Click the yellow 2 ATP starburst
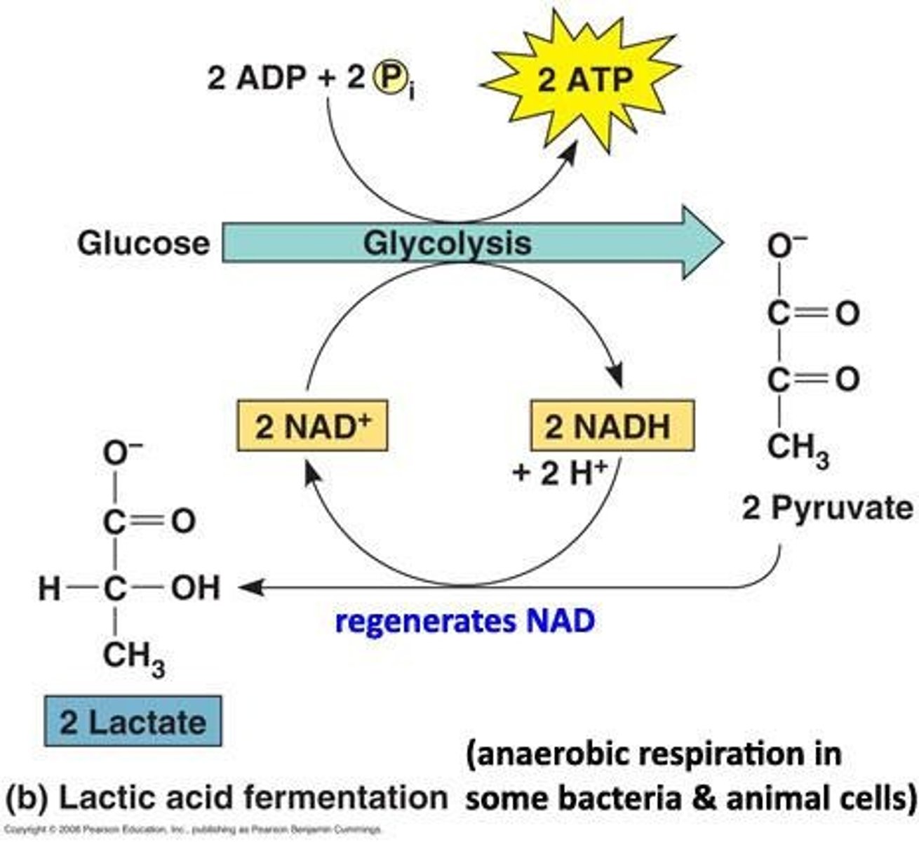[584, 81]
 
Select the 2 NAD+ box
[312, 426]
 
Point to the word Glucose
[143, 243]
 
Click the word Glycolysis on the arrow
[447, 243]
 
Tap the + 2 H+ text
[560, 474]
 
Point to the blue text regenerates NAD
[465, 622]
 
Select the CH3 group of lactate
[133, 657]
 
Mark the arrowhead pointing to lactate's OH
[249, 588]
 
